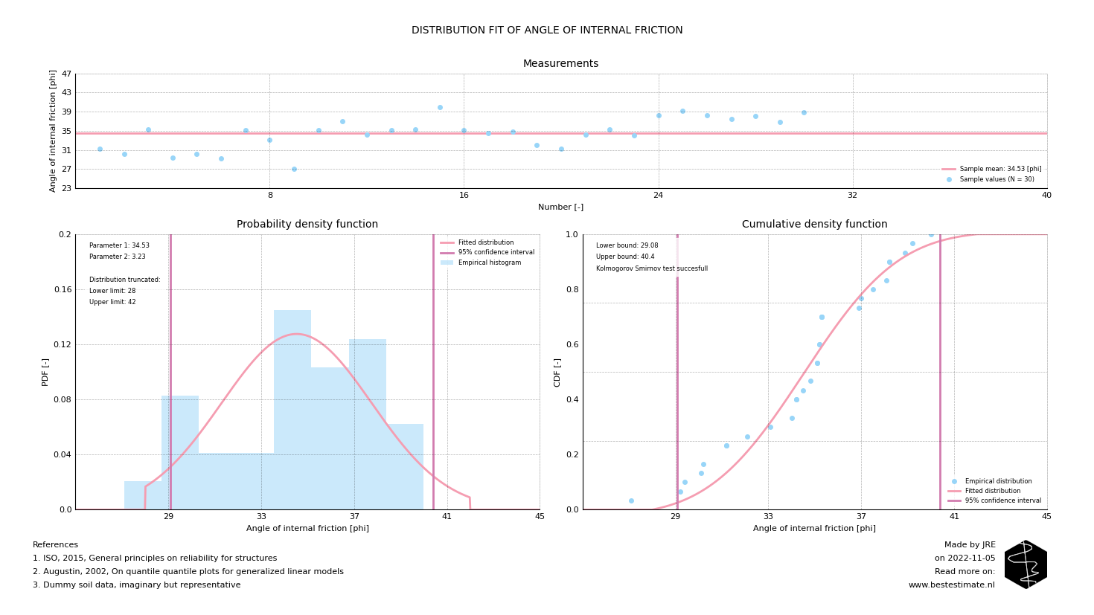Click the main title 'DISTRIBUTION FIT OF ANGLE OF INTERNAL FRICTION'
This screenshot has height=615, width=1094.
tap(547, 30)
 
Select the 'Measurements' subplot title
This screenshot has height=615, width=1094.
tap(560, 64)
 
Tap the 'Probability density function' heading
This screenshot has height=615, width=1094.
tap(307, 225)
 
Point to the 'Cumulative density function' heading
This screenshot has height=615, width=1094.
tap(814, 225)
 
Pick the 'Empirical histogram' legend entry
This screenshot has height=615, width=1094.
tap(489, 263)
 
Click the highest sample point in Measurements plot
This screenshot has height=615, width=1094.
tap(440, 107)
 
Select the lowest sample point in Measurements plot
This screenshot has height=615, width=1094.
tap(294, 169)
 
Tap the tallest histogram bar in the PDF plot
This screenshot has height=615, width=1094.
tap(292, 409)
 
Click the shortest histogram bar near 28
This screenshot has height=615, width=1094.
tap(142, 495)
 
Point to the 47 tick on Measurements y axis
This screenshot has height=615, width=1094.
tap(67, 74)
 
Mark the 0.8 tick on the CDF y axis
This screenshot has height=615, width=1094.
tap(572, 289)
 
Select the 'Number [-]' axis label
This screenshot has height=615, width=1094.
tap(560, 207)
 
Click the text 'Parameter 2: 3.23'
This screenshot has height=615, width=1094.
tap(118, 257)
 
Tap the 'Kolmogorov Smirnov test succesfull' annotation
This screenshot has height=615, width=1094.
tap(651, 268)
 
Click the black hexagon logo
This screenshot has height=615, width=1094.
tap(1026, 564)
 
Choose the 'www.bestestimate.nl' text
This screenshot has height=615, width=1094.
tap(951, 585)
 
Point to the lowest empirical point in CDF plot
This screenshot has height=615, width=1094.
tap(631, 500)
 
